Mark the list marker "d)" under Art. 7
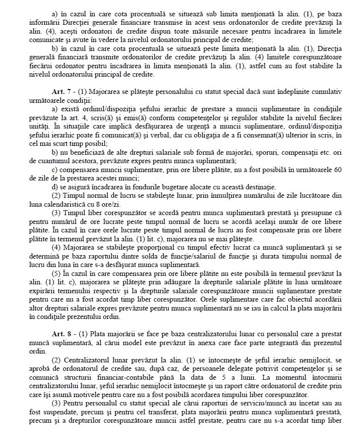(x=55, y=187)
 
